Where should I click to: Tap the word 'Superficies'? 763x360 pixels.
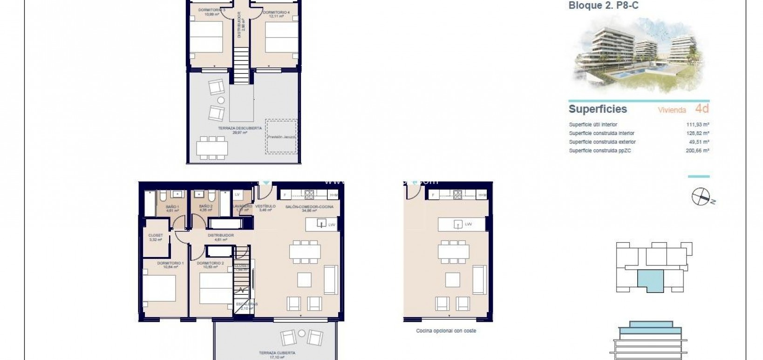[x=598, y=109]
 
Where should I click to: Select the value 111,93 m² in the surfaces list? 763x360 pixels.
[x=697, y=125]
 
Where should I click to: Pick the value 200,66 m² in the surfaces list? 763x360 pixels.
[x=697, y=151]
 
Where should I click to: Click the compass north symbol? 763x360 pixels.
[x=700, y=197]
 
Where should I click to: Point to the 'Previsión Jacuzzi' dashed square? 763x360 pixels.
[x=281, y=136]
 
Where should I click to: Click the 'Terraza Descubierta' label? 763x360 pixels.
[x=239, y=128]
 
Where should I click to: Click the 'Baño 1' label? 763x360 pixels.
[x=172, y=206]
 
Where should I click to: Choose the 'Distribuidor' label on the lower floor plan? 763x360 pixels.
[x=221, y=236]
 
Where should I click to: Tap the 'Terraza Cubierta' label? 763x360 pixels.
[x=277, y=353]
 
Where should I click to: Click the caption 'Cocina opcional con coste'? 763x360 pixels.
[x=446, y=331]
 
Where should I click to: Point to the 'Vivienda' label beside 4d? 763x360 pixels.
[x=672, y=110]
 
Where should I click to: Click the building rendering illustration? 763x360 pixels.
[x=638, y=55]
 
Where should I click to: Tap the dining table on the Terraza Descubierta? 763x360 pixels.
[x=212, y=148]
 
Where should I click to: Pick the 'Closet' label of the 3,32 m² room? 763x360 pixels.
[x=156, y=236]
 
